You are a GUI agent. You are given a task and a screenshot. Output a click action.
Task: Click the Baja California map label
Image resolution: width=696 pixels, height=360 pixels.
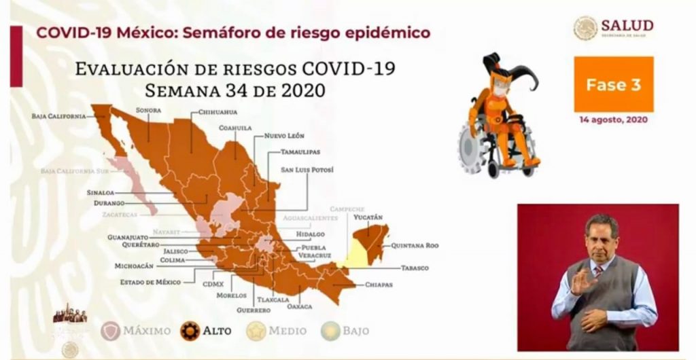[58, 116]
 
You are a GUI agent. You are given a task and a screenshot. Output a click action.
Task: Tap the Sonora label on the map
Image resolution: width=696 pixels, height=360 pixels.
[147, 109]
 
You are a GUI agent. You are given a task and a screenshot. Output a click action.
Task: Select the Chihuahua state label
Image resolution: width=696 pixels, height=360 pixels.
[217, 111]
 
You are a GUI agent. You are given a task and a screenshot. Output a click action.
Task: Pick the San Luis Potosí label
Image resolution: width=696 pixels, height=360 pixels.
[307, 169]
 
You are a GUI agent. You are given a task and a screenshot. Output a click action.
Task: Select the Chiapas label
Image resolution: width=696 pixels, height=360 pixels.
[379, 285]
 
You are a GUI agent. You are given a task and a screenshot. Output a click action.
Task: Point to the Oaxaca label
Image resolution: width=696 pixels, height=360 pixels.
[299, 306]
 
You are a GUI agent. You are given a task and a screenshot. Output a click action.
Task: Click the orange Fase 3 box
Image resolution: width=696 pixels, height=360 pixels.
[613, 85]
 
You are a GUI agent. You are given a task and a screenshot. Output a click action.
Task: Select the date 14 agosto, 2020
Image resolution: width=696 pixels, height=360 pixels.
[613, 119]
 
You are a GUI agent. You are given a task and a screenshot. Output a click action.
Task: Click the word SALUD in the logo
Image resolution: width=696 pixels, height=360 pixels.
[627, 25]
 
